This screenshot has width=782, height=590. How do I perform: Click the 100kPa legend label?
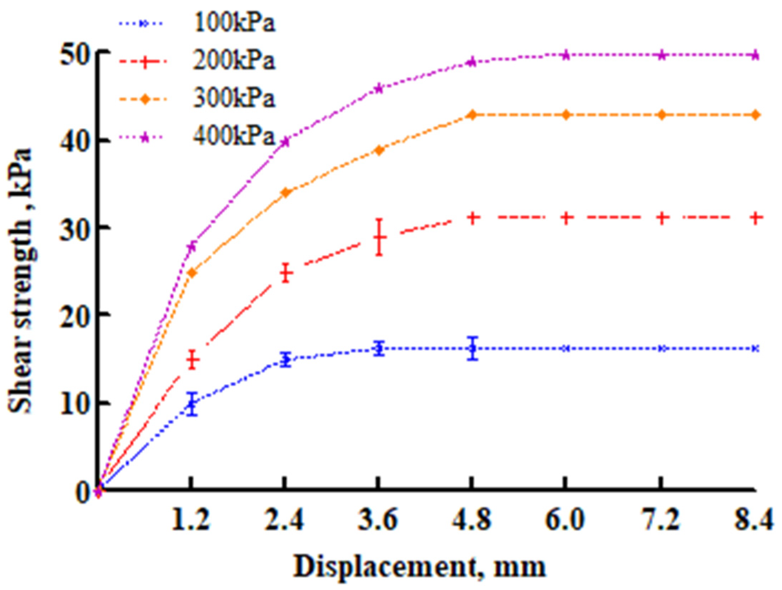(234, 24)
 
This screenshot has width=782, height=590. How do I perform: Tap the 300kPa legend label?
(234, 99)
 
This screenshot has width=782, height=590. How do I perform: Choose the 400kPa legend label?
(234, 136)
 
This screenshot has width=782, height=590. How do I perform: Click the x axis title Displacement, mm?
(419, 566)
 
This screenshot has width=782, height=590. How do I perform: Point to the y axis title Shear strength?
(22, 281)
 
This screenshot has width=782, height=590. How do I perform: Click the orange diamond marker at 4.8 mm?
(473, 115)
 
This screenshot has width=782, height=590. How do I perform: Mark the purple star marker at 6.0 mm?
(566, 55)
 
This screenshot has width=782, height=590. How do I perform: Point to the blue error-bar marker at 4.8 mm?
(473, 348)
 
